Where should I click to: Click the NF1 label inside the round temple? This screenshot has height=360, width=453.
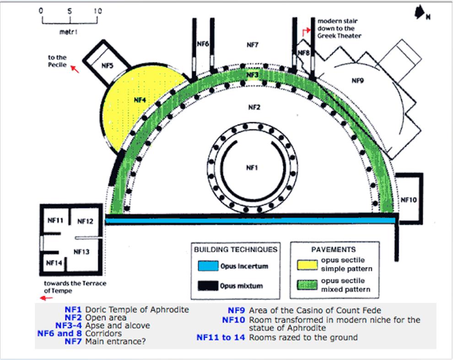[x=252, y=168]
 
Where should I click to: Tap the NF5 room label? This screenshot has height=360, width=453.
[x=108, y=66]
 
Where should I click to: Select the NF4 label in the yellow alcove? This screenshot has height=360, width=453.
[x=140, y=100]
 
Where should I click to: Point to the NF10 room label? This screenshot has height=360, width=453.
[x=409, y=200]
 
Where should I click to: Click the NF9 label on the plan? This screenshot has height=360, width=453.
[x=358, y=81]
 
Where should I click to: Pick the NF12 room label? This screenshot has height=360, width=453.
[x=85, y=221]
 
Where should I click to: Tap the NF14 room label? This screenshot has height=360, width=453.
[x=54, y=263]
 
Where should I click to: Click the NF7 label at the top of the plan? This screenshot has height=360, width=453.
[x=253, y=45]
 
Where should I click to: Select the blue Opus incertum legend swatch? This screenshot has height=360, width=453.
[x=208, y=266]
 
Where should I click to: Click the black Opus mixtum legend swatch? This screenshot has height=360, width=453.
[x=208, y=285]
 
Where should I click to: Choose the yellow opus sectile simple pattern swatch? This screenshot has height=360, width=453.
[x=307, y=265]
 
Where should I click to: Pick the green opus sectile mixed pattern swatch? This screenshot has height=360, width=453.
[x=307, y=285]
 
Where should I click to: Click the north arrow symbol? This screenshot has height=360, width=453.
[x=419, y=12]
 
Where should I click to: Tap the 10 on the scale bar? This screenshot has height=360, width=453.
[x=97, y=11]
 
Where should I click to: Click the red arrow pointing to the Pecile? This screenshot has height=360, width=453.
[x=75, y=69]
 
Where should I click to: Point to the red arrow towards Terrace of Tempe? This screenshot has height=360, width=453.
[x=47, y=298]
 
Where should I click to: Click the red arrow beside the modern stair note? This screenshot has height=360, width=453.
[x=306, y=32]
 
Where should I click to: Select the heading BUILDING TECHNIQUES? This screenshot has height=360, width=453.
[x=236, y=250]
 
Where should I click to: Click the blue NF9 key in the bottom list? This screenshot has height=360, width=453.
[x=236, y=310]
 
